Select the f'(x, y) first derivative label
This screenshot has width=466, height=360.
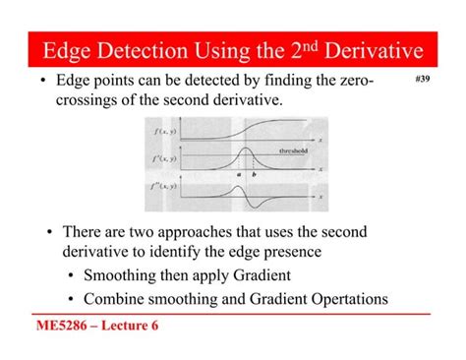(164, 157)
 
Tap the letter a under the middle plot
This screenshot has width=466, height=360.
(238, 174)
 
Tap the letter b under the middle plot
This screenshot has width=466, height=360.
(253, 174)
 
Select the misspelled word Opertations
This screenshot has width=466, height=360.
(341, 299)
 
